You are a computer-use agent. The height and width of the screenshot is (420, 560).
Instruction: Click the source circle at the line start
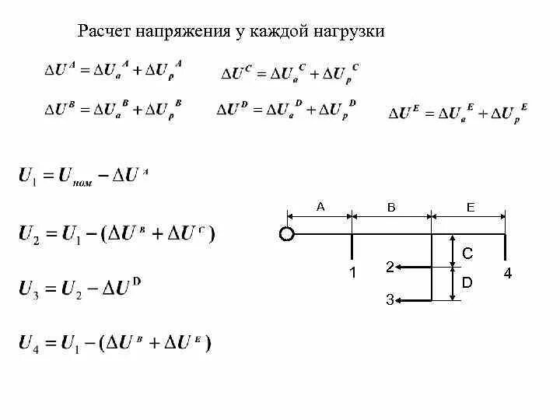coord(286,234)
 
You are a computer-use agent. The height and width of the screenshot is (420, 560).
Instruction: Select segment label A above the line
coord(320,207)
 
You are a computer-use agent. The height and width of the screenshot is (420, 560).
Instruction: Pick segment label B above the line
coord(391,207)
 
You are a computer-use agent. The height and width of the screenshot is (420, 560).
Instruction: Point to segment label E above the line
coord(470,207)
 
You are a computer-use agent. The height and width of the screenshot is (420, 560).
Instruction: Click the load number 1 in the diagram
coord(352,273)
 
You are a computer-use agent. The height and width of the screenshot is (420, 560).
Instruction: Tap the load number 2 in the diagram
coord(390,267)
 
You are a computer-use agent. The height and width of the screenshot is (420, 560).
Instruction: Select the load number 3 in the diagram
coord(390,300)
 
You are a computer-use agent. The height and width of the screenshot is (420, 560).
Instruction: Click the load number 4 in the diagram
coord(507,273)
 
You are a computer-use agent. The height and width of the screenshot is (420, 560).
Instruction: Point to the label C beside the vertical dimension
coord(467,254)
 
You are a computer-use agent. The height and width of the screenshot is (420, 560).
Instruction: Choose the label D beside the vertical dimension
coord(467,283)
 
